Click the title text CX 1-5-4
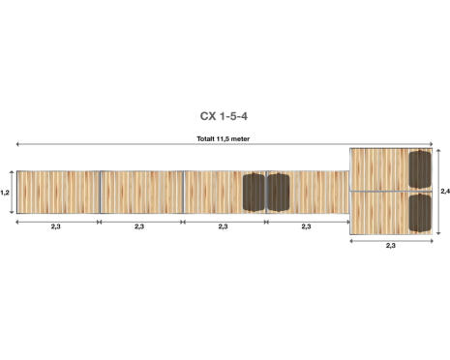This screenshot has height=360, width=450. click(224, 116)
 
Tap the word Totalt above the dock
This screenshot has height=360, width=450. click(205, 139)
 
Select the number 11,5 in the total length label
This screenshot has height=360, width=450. click(223, 139)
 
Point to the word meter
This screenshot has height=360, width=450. click(240, 139)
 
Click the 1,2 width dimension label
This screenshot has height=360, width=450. click(5, 193)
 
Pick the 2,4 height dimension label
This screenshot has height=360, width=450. click(445, 192)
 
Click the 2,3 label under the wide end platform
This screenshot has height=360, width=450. click(391, 246)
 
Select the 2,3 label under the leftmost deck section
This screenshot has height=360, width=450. click(56, 226)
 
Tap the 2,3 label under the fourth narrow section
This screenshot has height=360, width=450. click(306, 226)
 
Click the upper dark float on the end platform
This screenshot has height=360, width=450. click(420, 169)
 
